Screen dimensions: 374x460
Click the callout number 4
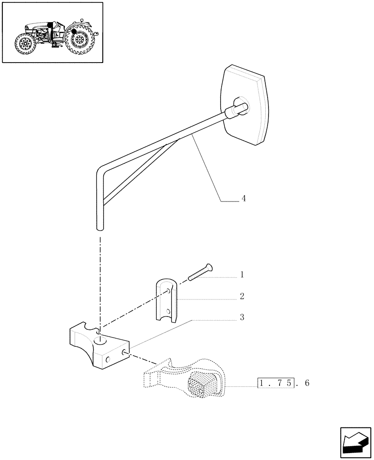[244, 199]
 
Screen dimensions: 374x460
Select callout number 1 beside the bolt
[242, 275]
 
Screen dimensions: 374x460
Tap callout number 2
[242, 296]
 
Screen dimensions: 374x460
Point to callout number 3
[242, 317]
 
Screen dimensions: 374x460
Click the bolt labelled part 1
[200, 273]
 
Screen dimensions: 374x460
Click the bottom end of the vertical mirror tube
[100, 227]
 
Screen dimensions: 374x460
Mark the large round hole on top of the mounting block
[99, 341]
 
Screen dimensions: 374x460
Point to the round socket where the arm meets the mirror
[240, 105]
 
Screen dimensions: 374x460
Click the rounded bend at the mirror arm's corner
[101, 170]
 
